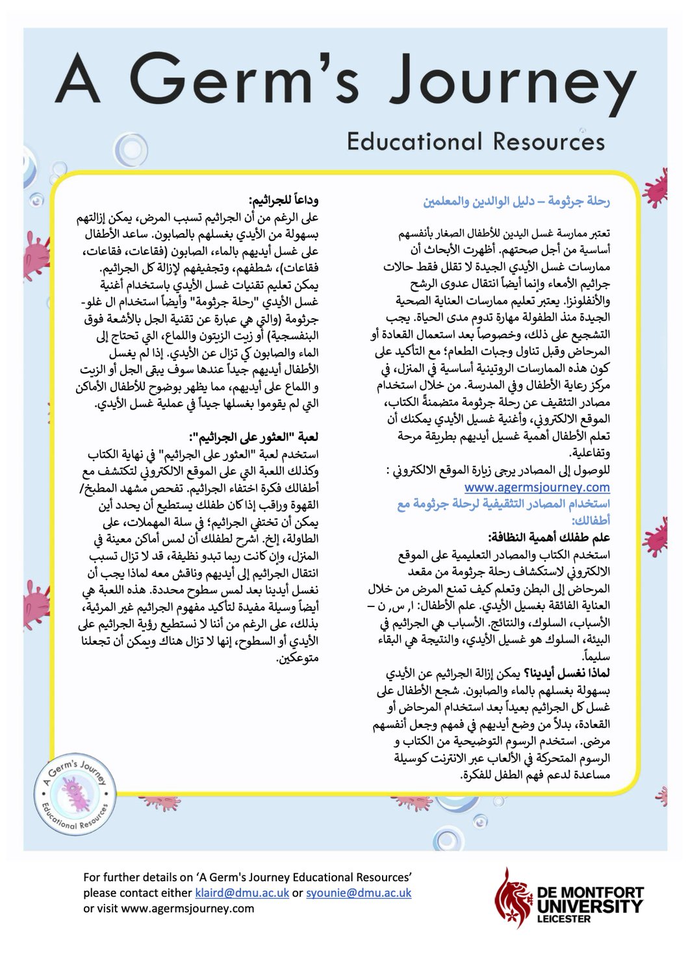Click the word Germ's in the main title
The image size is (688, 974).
coord(245,81)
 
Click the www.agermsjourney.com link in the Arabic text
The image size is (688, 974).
coord(537,487)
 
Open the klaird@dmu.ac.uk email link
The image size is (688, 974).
coord(242,893)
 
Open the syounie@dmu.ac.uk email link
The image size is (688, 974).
coord(359,893)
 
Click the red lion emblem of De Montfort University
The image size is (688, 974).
coord(512,898)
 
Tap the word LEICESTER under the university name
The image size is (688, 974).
coord(564,919)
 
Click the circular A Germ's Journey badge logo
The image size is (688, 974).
coord(75,794)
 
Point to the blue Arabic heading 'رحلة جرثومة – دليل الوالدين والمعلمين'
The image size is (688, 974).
coord(516,201)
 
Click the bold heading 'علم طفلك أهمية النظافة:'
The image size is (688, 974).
coord(549,538)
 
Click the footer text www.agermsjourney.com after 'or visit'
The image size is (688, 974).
coord(188,908)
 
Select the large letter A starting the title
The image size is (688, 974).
coord(79,81)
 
